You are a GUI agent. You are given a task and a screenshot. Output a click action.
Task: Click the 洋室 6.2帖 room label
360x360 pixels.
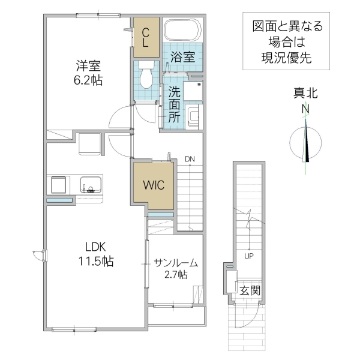[89, 71]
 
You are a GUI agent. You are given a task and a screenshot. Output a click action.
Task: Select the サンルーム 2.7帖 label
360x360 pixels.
[175, 268]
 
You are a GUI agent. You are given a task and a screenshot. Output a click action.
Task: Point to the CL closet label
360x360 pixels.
[146, 37]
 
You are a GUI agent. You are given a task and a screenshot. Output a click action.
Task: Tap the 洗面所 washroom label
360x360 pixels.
[174, 104]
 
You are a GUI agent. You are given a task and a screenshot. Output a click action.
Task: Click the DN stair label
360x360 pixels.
[190, 158]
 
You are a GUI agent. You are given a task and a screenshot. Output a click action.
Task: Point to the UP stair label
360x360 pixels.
[248, 256]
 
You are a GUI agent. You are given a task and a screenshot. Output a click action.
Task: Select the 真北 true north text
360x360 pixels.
[305, 93]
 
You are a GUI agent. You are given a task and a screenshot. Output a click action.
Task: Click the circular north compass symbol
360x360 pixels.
[305, 143]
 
